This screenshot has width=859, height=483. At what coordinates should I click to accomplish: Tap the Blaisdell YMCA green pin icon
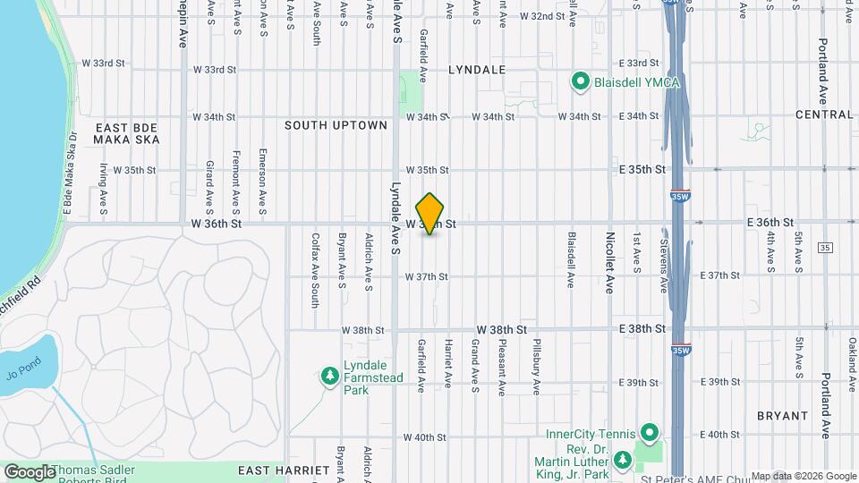coord(579,83)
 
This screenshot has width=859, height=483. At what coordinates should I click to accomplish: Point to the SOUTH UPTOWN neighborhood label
coord(336,125)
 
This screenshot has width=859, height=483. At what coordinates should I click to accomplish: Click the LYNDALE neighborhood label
coord(477,69)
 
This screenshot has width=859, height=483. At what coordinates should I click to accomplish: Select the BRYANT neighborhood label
coord(782,416)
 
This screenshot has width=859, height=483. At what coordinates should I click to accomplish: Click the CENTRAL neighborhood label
coord(824,114)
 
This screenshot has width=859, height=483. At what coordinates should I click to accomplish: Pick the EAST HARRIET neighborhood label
coord(274,470)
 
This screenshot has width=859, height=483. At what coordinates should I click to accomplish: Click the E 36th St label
coord(770,222)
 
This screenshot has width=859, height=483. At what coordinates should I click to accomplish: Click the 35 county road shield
coord(824,248)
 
